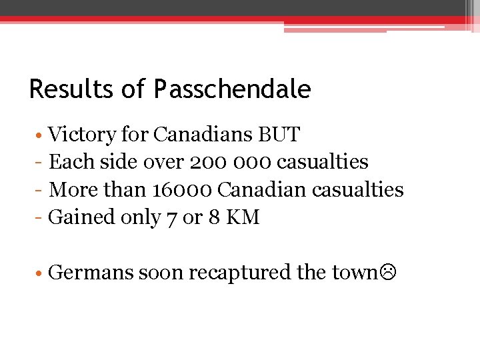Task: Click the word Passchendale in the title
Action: pyautogui.click(x=232, y=89)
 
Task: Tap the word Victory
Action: pyautogui.click(x=83, y=135)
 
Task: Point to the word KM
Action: pyautogui.click(x=243, y=217)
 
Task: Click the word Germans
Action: pyautogui.click(x=91, y=273)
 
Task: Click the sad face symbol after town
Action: pyautogui.click(x=387, y=273)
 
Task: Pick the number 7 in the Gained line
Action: pyautogui.click(x=171, y=218)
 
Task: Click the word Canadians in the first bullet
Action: pyautogui.click(x=202, y=135)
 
